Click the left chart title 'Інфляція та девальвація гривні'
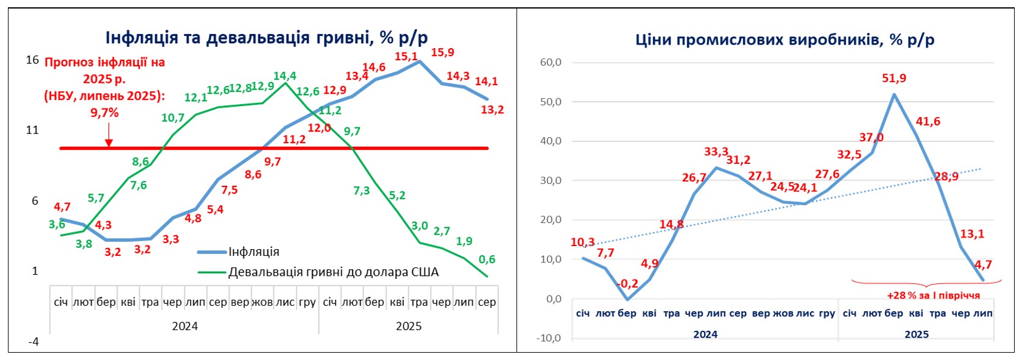[266, 38]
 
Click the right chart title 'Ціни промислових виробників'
[784, 40]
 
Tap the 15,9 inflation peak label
[442, 52]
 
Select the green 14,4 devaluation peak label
[284, 76]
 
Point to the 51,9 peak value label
[893, 79]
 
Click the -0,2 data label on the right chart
[627, 284]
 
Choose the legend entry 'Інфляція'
[253, 252]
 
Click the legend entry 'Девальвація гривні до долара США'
[333, 272]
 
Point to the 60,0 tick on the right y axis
[550, 62]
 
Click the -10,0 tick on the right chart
[548, 338]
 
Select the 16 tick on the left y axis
[32, 60]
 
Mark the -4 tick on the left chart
[33, 342]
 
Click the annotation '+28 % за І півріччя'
[933, 295]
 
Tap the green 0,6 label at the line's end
[487, 259]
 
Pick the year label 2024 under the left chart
[185, 326]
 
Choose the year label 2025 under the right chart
[916, 334]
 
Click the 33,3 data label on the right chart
[716, 152]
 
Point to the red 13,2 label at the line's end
[492, 110]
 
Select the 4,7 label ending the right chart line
[983, 264]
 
